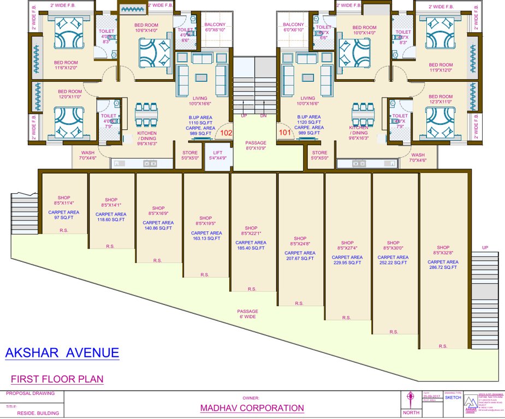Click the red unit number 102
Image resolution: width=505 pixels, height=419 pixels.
click(225, 132)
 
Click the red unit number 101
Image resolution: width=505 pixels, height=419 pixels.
click(285, 132)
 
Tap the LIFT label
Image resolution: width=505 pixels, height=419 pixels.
click(218, 153)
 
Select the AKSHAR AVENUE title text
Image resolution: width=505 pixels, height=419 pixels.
click(62, 353)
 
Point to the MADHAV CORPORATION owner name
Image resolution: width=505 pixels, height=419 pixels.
click(252, 408)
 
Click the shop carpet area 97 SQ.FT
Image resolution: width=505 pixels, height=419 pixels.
click(64, 218)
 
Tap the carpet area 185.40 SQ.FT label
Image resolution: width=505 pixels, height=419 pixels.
click(252, 248)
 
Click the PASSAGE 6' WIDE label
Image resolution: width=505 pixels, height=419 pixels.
click(247, 314)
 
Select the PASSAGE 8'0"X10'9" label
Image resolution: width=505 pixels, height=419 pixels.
click(256, 145)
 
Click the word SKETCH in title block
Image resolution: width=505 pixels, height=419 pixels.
click(453, 398)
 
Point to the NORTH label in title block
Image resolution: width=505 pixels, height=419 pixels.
click(411, 413)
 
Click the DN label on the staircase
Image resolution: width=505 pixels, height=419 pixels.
click(263, 116)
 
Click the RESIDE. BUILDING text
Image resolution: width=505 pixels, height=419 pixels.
click(38, 413)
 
